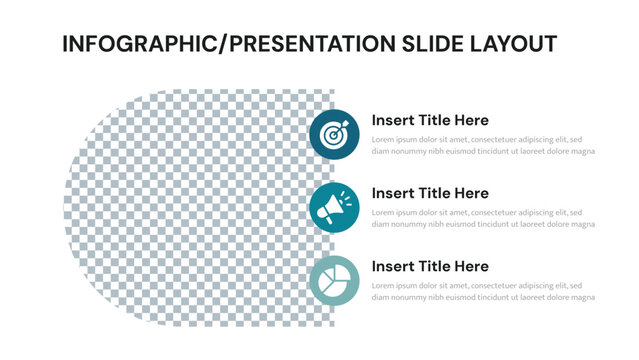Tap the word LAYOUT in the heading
click(x=506, y=44)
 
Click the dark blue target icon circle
click(x=334, y=133)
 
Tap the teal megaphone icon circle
click(x=334, y=207)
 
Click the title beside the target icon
click(x=430, y=120)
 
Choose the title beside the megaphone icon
click(x=430, y=193)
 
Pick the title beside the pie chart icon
click(x=430, y=266)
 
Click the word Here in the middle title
click(x=469, y=193)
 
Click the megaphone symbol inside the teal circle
click(x=333, y=207)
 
